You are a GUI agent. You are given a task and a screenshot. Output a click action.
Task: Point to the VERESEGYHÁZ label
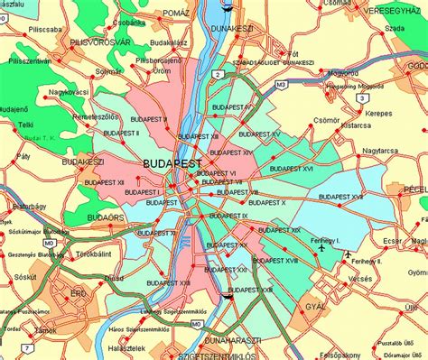coord(394,13)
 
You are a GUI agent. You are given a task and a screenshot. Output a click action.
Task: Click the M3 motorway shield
coord(280,85)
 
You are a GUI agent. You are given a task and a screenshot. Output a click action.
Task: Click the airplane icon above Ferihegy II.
coord(349,254)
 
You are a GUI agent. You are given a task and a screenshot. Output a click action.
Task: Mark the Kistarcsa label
coord(332,128)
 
